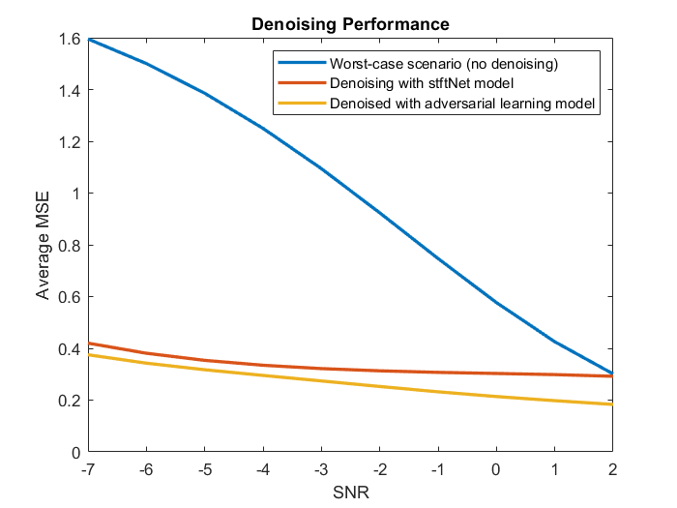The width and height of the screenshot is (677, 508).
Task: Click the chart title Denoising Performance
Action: click(x=350, y=22)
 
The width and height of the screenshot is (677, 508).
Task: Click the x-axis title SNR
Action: click(x=350, y=493)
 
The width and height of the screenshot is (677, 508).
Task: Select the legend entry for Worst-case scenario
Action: click(x=446, y=63)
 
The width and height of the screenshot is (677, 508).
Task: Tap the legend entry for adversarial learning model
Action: click(x=459, y=104)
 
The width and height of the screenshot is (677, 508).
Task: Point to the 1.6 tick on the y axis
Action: click(x=72, y=39)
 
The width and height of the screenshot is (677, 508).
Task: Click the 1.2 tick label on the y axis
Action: click(x=72, y=142)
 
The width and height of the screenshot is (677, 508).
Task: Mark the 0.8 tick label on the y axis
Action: click(x=72, y=246)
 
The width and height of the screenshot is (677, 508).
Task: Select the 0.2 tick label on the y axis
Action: click(x=72, y=401)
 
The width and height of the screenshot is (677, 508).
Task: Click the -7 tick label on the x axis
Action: click(x=88, y=469)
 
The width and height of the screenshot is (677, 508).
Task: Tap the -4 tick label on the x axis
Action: click(x=263, y=469)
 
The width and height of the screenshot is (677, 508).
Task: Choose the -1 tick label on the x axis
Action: click(x=437, y=469)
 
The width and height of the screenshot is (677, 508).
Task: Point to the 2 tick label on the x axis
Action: click(x=612, y=469)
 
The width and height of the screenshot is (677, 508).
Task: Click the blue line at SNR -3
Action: click(x=321, y=168)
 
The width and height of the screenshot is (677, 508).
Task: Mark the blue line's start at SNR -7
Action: click(x=89, y=40)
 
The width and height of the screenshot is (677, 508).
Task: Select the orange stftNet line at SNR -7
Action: click(x=89, y=343)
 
